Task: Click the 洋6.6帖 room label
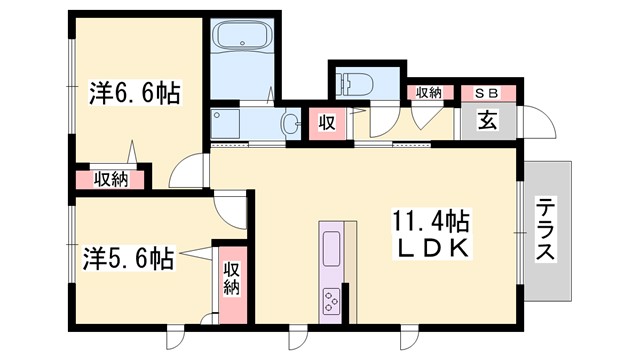coord(132,95)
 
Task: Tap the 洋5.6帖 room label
coord(127,259)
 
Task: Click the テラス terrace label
coord(546,230)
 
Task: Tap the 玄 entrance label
coord(488,121)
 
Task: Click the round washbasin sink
coord(290,125)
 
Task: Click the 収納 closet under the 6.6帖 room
coord(110,180)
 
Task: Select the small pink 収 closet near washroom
coord(326,123)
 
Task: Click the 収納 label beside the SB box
coord(427,93)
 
